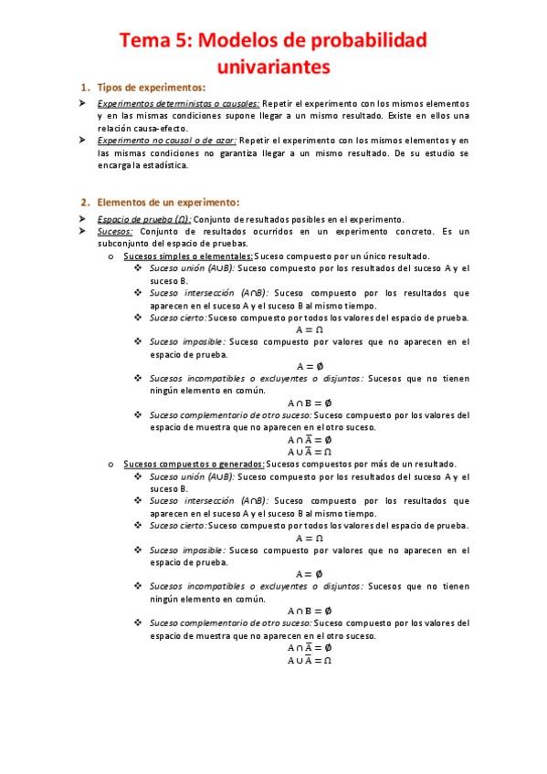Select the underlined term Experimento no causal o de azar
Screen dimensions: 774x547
pyautogui.click(x=167, y=141)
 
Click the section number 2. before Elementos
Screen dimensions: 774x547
pyautogui.click(x=84, y=202)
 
